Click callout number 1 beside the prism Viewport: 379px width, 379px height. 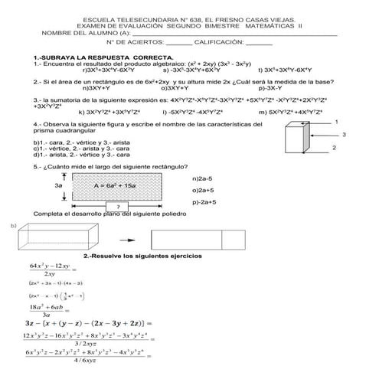(x=338, y=121)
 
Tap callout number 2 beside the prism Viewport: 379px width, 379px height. (x=334, y=147)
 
